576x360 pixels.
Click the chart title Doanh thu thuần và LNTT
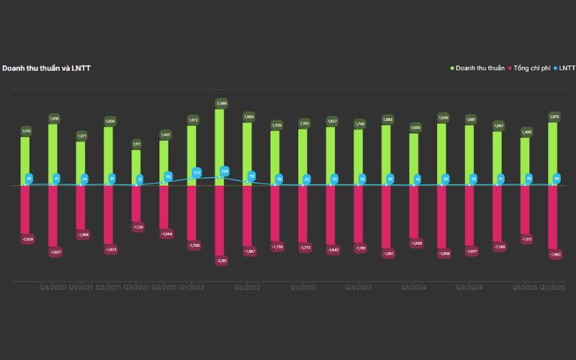click(46, 68)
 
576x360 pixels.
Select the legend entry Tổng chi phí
click(532, 68)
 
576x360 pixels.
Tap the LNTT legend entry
click(564, 68)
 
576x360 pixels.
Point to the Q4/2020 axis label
click(53, 287)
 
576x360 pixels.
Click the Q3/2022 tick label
click(248, 287)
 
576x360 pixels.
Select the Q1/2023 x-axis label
click(303, 287)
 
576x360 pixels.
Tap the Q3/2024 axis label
click(469, 287)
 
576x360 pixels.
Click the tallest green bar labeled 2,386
click(220, 148)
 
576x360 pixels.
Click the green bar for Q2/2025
click(554, 154)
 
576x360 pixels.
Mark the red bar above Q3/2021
click(137, 203)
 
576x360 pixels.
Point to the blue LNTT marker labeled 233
click(224, 171)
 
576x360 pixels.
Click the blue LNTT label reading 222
click(197, 173)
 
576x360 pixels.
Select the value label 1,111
click(137, 144)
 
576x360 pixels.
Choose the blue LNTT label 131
click(168, 176)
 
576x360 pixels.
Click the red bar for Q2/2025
click(554, 216)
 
